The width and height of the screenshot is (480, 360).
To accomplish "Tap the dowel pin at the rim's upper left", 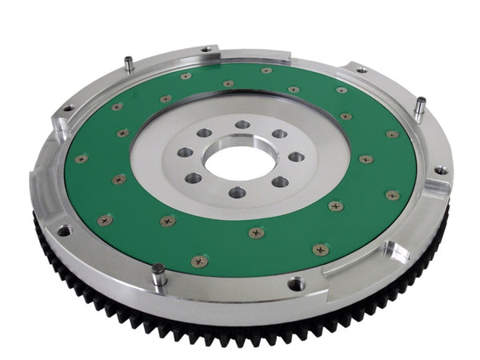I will (x=128, y=63).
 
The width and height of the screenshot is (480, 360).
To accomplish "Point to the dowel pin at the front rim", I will (x=159, y=274).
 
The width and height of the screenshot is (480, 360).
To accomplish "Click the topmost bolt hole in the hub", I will (x=242, y=125).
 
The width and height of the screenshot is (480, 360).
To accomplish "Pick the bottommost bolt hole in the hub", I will (x=238, y=192).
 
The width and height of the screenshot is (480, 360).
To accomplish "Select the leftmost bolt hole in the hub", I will (x=184, y=153).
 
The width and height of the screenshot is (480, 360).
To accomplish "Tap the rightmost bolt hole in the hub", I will (x=296, y=157).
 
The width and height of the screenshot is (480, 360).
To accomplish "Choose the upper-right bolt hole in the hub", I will (x=279, y=134).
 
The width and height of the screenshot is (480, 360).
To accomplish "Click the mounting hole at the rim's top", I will (x=206, y=50).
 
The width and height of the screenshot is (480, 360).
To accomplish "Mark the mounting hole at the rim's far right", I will (x=439, y=170).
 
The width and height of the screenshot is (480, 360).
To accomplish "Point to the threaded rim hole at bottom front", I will (x=297, y=283).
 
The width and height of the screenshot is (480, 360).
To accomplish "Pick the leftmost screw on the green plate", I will (x=80, y=158).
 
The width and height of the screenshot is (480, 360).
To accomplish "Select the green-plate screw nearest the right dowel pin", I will (x=393, y=134).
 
